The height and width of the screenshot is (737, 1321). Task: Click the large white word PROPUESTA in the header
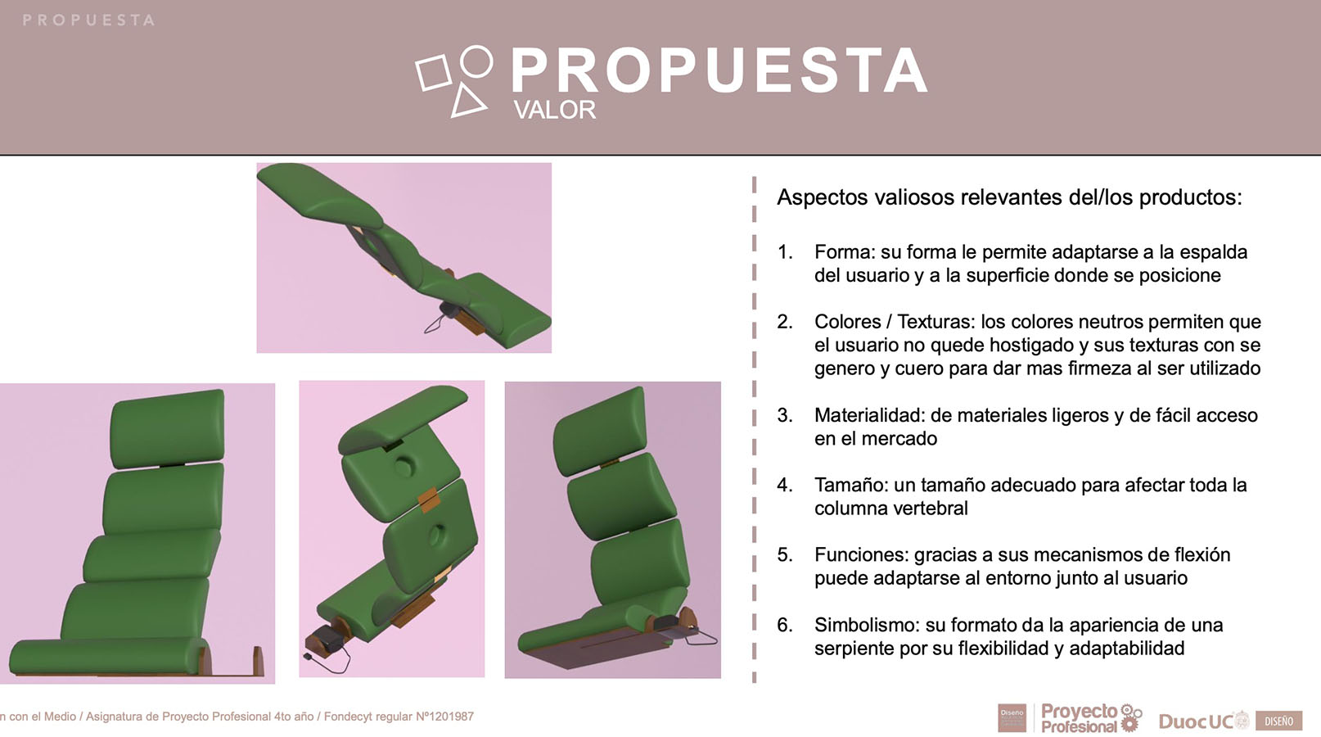click(x=719, y=71)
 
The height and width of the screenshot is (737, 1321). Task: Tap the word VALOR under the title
click(x=554, y=110)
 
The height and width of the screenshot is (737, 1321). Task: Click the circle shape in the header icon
click(x=476, y=61)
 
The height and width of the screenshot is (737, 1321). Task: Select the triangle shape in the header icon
click(x=468, y=101)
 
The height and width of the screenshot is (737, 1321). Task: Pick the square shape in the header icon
click(x=433, y=72)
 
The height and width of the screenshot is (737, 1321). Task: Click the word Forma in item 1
click(x=843, y=252)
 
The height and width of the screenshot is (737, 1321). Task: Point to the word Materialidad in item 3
click(x=869, y=415)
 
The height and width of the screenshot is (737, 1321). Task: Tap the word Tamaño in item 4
click(x=850, y=485)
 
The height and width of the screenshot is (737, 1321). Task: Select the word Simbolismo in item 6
click(x=866, y=625)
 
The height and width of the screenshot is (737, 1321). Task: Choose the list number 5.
click(x=785, y=555)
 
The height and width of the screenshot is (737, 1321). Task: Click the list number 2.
click(x=785, y=322)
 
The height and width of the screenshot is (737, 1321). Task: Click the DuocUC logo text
click(x=1196, y=721)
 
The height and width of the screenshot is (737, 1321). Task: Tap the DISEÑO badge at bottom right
click(x=1278, y=721)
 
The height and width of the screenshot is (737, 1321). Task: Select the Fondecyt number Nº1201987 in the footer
click(x=444, y=717)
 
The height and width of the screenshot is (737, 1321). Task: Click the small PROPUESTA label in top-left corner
click(x=88, y=20)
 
